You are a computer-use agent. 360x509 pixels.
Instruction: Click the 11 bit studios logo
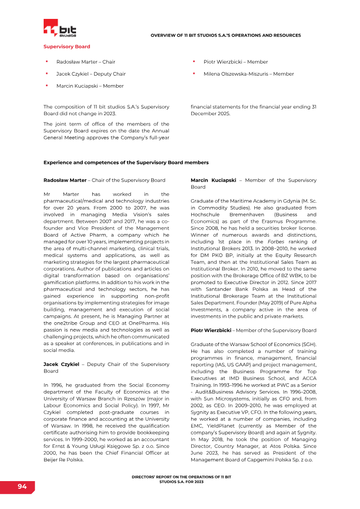click(x=60, y=28)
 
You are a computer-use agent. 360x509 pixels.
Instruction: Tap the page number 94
click(x=22, y=486)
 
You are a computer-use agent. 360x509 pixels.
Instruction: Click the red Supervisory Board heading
click(x=67, y=47)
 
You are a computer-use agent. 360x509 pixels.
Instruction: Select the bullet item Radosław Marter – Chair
click(x=85, y=62)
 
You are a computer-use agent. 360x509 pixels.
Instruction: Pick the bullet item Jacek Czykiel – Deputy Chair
click(x=91, y=74)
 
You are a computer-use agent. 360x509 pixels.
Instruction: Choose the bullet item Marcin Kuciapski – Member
click(x=90, y=86)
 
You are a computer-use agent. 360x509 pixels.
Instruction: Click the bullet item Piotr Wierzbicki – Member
click(x=235, y=62)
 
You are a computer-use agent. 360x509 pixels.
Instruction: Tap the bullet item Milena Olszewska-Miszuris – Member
click(x=248, y=74)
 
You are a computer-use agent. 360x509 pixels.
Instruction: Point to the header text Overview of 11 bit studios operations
click(x=225, y=35)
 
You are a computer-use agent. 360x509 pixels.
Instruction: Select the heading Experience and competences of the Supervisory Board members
click(x=126, y=162)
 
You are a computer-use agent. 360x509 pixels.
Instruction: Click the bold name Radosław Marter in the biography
click(x=65, y=180)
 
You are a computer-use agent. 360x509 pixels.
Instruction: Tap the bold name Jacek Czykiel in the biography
click(x=61, y=364)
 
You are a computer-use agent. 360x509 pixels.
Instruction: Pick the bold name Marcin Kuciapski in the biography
click(x=213, y=180)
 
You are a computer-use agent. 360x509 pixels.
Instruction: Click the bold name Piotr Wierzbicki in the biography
click(x=211, y=330)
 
